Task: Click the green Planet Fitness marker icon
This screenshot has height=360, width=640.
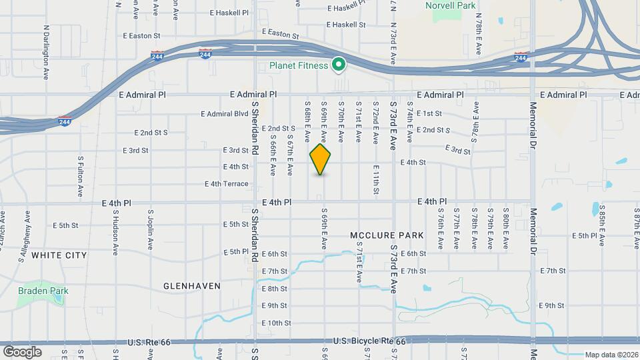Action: click(339, 65)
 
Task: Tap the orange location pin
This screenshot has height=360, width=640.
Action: click(321, 159)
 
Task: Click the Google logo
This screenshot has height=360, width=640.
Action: click(22, 351)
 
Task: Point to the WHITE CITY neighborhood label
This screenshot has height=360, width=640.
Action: click(59, 255)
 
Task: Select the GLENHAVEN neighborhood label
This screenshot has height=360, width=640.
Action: click(192, 286)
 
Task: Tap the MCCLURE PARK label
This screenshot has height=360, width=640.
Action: click(387, 236)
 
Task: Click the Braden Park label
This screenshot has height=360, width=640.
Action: click(43, 291)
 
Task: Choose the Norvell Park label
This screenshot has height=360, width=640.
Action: click(451, 5)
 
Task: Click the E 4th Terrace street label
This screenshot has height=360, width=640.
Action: click(227, 184)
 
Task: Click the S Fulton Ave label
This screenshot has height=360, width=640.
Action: click(80, 177)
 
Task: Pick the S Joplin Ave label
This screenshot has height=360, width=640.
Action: click(151, 228)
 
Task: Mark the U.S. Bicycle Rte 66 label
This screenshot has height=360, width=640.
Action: click(369, 341)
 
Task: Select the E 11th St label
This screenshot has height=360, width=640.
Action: click(376, 180)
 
